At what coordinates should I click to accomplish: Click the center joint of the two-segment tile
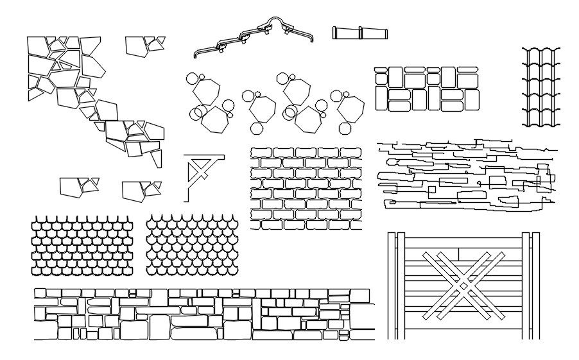pyautogui.click(x=360, y=33)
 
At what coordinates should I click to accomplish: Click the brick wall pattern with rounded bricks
pyautogui.click(x=306, y=188)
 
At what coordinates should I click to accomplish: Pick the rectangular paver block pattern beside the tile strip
pyautogui.click(x=427, y=89)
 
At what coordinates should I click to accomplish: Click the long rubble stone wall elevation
pyautogui.click(x=204, y=314)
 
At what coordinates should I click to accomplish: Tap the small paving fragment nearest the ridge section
pyautogui.click(x=144, y=46)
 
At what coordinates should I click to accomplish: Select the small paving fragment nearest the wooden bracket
pyautogui.click(x=141, y=189)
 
